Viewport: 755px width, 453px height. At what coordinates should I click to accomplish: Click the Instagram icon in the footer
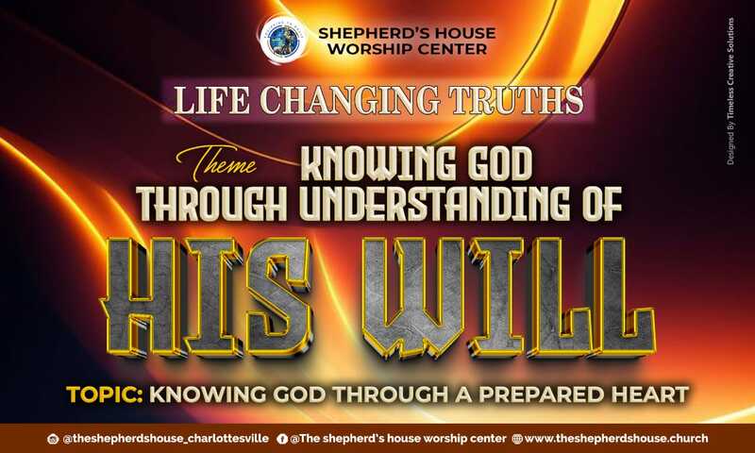[x=54, y=439]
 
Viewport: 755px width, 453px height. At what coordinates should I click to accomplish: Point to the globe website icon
[x=516, y=439]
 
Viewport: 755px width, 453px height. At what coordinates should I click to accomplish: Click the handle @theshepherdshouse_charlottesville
[x=165, y=439]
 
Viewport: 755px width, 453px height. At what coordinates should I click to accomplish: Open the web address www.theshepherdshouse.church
[x=615, y=439]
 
